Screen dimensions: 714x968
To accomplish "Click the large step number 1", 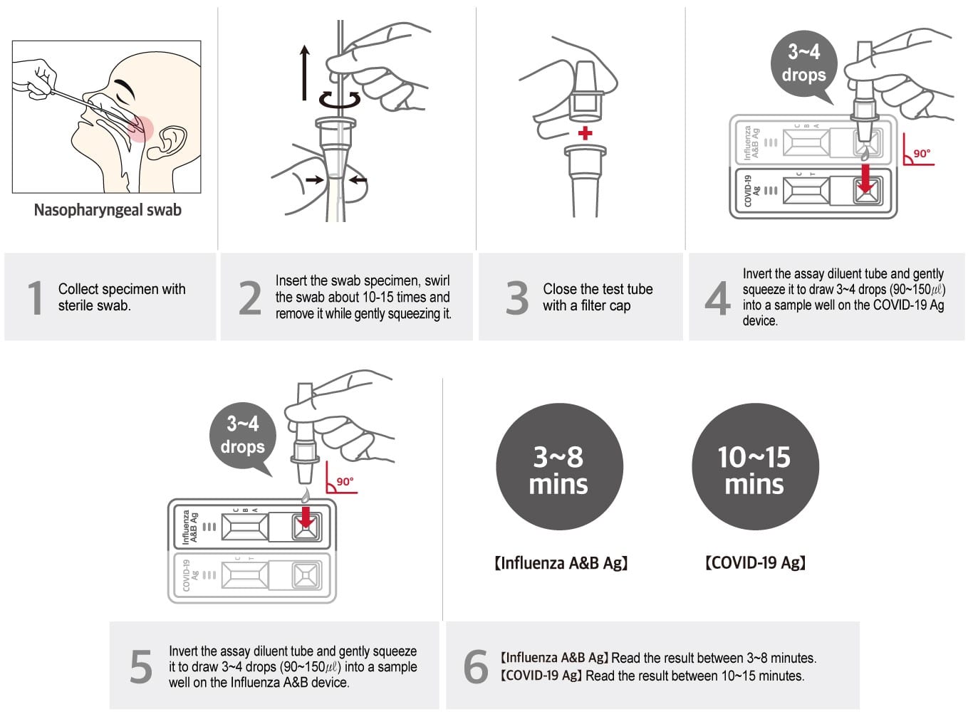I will (35, 298).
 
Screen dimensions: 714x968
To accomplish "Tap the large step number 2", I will (250, 298).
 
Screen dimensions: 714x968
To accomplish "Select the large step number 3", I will (517, 298).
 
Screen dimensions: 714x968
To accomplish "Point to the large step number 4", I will (717, 298).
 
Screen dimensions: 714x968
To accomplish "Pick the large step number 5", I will (141, 667).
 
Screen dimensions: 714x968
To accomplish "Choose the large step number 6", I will (476, 667).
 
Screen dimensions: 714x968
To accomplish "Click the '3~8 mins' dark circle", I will (559, 468).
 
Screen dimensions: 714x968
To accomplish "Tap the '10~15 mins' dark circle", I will (755, 468).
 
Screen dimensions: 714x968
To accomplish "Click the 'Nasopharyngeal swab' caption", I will (108, 210).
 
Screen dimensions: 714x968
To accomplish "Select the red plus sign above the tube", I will (585, 133).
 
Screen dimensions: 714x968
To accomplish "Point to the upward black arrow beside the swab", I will (305, 71).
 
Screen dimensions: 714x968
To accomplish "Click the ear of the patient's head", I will (171, 141).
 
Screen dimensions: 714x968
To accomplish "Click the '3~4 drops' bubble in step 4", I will (803, 64).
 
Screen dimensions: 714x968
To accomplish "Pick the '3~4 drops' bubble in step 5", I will (242, 436).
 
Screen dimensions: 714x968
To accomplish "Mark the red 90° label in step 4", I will (922, 153).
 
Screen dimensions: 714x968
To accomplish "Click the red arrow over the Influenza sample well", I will (306, 518).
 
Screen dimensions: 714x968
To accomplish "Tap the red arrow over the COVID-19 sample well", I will (865, 178).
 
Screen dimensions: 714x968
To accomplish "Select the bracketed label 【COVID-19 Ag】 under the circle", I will (755, 563).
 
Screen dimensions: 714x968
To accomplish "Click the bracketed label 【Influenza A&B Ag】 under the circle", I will (561, 563).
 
